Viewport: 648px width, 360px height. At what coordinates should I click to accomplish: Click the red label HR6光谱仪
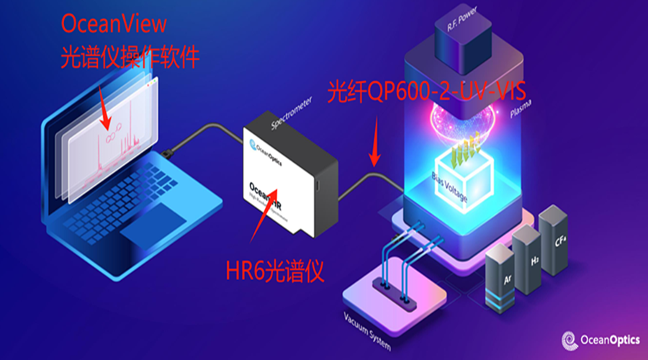click(274, 271)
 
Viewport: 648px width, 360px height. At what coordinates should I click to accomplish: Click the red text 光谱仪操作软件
click(130, 57)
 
